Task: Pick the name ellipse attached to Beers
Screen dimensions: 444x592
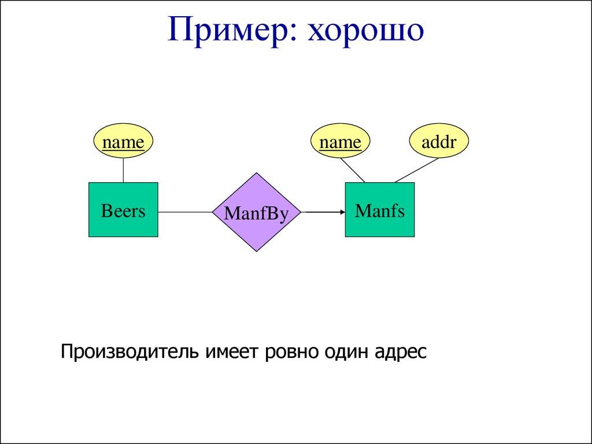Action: coord(123,142)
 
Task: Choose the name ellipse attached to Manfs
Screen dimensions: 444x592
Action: coord(340,142)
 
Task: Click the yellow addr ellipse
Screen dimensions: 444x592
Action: coord(439,142)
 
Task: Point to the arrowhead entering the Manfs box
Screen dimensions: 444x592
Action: coord(341,212)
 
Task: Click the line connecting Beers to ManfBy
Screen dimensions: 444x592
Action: coord(185,212)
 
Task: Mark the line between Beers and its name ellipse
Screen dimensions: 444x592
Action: coord(123,170)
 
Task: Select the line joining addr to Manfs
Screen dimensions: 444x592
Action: coord(416,171)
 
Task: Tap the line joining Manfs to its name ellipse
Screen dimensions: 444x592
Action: coord(353,170)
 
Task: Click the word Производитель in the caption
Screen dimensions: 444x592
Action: coord(131,351)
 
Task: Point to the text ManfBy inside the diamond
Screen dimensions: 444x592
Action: coord(256,213)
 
